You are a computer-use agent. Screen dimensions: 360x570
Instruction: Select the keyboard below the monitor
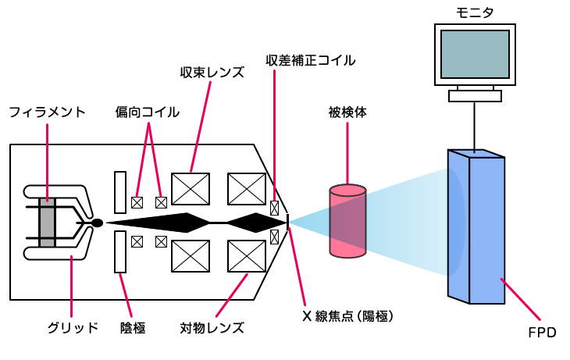pos(475,96)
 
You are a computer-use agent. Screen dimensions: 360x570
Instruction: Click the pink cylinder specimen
pos(347,222)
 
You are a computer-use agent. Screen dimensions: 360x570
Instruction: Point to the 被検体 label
pos(347,112)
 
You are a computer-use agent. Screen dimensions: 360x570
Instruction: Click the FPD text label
pos(541,333)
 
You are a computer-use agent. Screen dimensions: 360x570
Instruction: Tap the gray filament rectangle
pos(48,223)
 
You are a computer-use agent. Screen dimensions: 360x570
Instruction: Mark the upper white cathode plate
pos(119,192)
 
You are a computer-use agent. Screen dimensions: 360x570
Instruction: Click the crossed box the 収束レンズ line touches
pos(191,188)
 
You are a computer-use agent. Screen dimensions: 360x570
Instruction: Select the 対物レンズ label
pos(212,327)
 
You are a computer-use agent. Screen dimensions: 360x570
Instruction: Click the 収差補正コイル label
pos(310,59)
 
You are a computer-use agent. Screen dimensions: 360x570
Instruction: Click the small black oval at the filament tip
pos(97,223)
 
